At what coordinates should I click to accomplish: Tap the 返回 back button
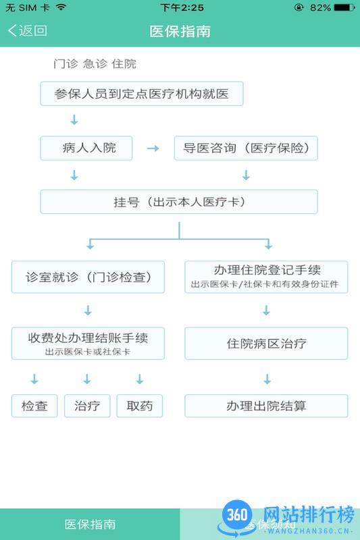(28, 30)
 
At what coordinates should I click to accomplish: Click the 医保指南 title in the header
(180, 31)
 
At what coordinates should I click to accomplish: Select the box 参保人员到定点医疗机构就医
(141, 94)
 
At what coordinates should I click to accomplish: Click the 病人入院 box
(86, 148)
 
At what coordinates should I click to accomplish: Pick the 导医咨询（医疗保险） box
(246, 148)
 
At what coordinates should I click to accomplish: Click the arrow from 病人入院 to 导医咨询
(153, 148)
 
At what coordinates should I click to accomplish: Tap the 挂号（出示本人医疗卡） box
(179, 202)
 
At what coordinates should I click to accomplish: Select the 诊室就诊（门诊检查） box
(88, 277)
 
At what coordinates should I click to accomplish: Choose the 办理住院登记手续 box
(266, 277)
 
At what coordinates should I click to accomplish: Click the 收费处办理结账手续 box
(88, 343)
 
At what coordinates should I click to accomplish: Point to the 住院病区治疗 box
(266, 343)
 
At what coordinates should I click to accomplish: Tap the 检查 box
(34, 406)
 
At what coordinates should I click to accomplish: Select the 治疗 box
(87, 406)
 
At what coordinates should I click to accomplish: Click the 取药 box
(140, 406)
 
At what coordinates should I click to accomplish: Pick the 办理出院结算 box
(266, 406)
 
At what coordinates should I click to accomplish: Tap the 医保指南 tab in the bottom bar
(90, 524)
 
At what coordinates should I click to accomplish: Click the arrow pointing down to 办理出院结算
(266, 379)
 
